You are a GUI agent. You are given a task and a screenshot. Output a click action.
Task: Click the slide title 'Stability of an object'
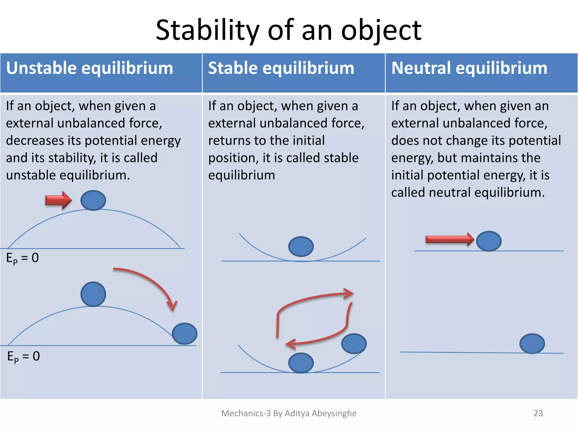click(x=288, y=30)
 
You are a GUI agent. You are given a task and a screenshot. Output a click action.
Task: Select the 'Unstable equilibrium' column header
click(x=89, y=68)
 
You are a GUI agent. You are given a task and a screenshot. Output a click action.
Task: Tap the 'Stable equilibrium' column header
click(x=281, y=68)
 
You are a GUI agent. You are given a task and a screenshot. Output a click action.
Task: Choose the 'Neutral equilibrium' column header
click(x=469, y=68)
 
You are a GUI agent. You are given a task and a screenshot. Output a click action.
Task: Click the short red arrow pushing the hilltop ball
click(x=58, y=200)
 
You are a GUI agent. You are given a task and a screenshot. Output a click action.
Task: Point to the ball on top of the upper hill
click(x=93, y=200)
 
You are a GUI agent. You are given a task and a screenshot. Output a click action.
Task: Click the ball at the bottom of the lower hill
click(x=185, y=334)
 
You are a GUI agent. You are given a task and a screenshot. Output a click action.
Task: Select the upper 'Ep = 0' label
click(x=23, y=258)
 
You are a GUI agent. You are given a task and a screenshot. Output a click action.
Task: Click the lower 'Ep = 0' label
click(x=23, y=357)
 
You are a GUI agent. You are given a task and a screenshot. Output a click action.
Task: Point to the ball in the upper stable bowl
click(x=301, y=246)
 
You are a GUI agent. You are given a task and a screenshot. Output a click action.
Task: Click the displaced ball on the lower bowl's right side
click(x=354, y=344)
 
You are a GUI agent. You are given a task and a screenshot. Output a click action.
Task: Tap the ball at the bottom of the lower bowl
click(x=301, y=363)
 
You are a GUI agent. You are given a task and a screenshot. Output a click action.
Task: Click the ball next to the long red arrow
click(x=489, y=241)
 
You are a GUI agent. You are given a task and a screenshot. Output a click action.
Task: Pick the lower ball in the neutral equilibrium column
click(x=532, y=344)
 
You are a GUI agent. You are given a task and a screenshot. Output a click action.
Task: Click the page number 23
click(x=538, y=413)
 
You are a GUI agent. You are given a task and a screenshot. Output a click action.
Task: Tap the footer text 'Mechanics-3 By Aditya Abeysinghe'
click(x=289, y=413)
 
